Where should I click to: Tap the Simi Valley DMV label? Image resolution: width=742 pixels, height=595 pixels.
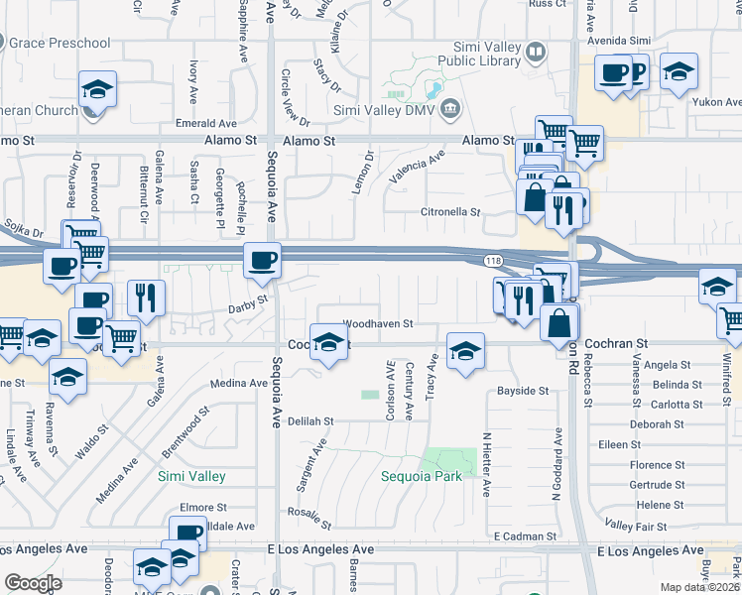click(x=385, y=109)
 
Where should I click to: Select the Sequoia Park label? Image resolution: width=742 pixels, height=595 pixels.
click(x=422, y=476)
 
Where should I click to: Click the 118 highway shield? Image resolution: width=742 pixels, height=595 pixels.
click(x=492, y=260)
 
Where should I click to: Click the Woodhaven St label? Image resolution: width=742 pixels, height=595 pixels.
click(x=377, y=323)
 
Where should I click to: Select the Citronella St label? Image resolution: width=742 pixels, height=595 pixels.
click(x=450, y=212)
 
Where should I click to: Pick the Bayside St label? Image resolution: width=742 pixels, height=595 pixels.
click(x=523, y=392)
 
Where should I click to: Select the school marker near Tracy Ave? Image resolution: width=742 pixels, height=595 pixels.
click(x=464, y=351)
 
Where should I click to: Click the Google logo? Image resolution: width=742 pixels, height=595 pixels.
click(x=33, y=583)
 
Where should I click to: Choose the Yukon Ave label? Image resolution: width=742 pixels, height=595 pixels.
click(x=718, y=102)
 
